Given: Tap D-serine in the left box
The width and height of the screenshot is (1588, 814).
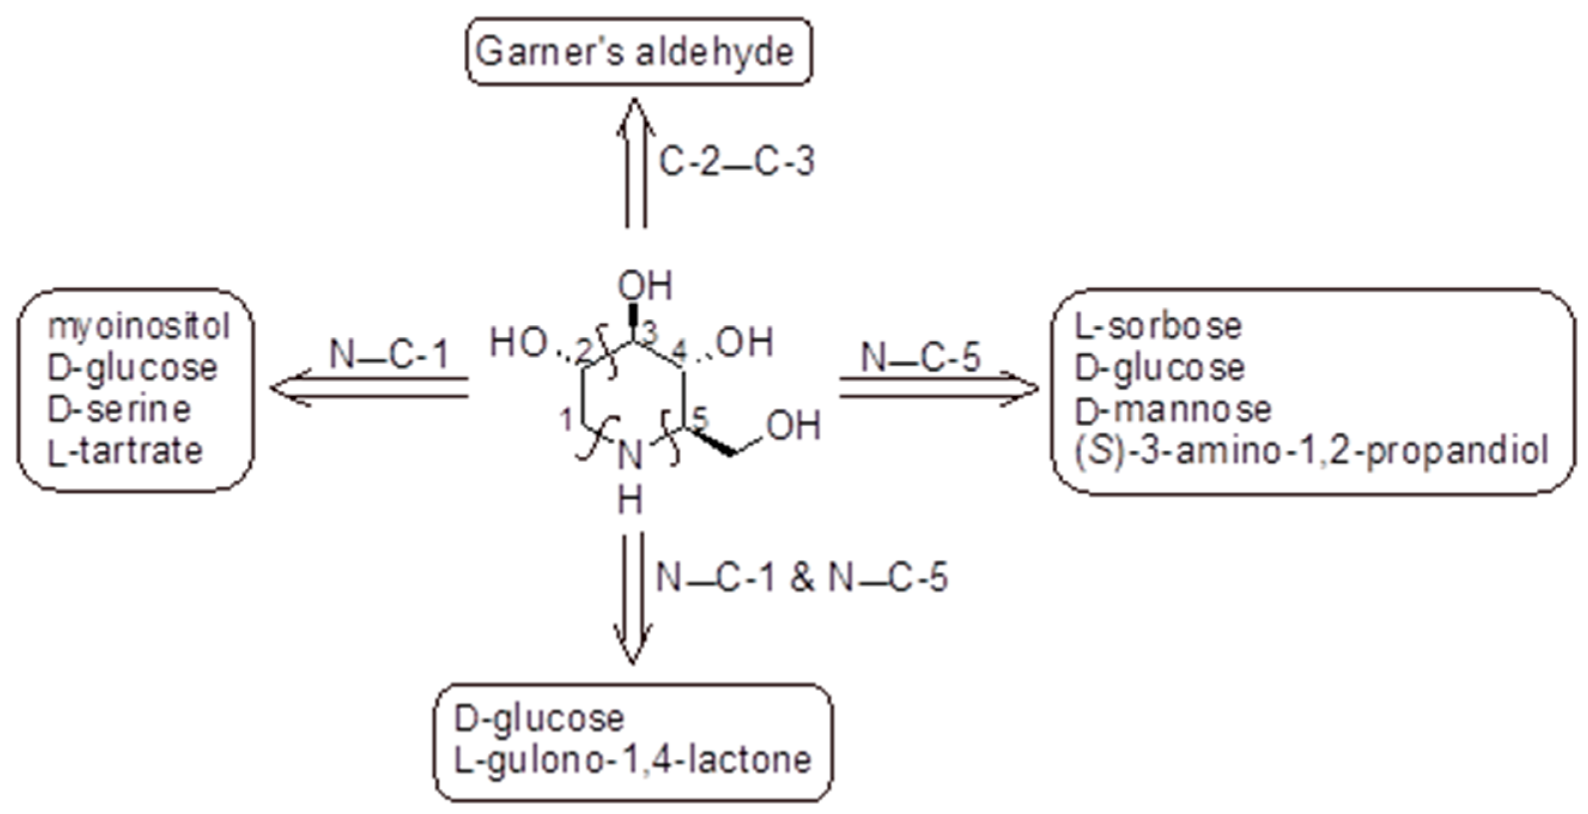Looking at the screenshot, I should [120, 410].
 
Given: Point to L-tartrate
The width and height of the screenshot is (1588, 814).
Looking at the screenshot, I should [125, 451].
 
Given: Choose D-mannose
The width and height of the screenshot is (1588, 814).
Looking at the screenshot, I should [1173, 410].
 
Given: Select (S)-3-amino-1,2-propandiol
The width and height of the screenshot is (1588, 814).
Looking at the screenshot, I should [1312, 451].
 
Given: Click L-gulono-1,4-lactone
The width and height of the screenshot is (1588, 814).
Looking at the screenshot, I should [633, 759].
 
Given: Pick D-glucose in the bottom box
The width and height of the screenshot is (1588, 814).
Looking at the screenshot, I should [539, 718].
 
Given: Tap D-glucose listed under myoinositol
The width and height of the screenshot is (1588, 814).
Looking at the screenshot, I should [132, 368].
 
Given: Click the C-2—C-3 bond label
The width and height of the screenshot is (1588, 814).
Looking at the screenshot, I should [737, 162].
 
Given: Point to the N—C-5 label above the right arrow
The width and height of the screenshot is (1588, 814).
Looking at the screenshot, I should [920, 357].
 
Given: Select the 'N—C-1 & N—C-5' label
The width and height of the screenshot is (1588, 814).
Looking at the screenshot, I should [801, 578].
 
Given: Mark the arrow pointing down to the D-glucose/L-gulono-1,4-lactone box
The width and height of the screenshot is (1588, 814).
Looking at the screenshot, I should [633, 598].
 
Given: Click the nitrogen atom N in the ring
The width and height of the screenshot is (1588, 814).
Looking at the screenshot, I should [630, 456].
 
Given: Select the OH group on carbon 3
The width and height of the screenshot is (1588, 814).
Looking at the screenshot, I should [645, 286].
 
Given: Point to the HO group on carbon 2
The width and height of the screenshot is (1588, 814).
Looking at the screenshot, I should [518, 343].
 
